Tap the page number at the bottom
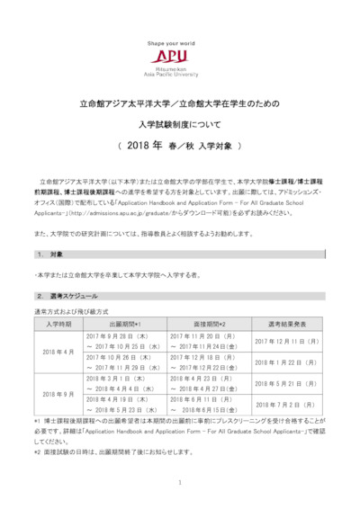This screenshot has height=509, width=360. [x=180, y=483]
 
